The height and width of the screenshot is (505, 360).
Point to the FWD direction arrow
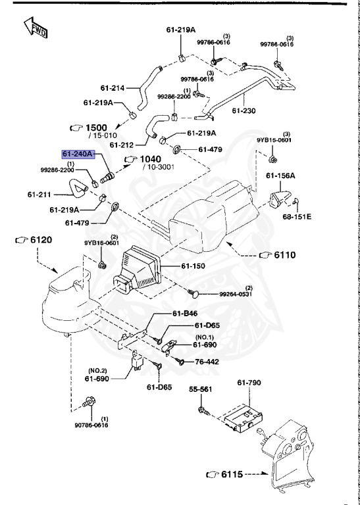33,28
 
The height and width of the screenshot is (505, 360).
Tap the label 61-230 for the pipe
244,111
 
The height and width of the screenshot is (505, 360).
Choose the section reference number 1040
151,159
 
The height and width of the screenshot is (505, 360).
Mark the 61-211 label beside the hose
39,194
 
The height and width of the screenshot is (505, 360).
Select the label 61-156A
280,176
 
